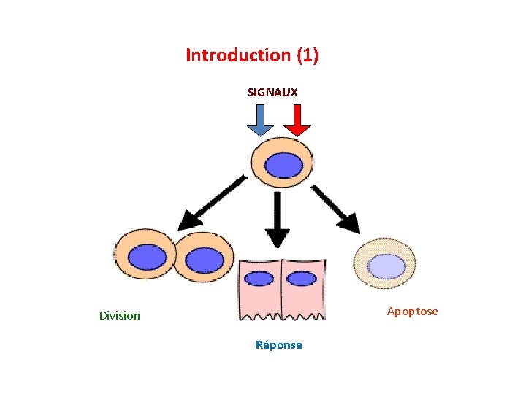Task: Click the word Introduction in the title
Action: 238,55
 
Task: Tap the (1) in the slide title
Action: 308,55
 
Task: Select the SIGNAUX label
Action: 272,93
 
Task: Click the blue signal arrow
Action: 260,120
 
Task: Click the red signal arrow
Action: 297,120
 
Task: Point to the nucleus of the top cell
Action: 283,165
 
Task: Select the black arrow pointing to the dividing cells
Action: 212,204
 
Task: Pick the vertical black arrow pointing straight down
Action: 278,220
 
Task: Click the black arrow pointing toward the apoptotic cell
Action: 335,209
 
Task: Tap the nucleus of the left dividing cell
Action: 148,258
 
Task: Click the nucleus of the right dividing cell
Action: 205,260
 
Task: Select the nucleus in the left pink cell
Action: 259,279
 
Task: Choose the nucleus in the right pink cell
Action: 302,279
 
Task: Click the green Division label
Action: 120,316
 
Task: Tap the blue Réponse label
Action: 279,344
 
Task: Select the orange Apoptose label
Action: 412,312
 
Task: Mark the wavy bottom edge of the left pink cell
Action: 260,317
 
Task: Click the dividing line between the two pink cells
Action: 281,289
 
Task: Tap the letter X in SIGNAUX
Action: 294,93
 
